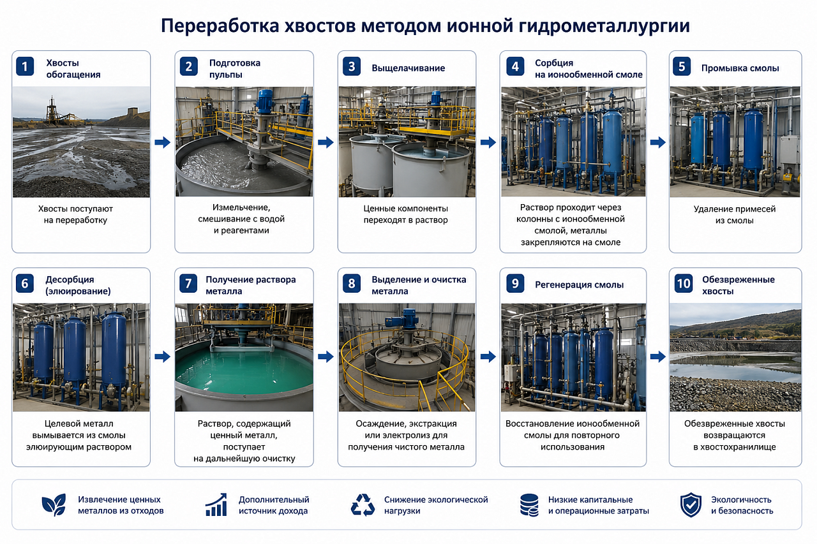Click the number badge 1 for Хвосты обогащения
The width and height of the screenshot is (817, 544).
point(25,66)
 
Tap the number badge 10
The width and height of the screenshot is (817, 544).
point(684,283)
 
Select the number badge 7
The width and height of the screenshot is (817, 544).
point(188,283)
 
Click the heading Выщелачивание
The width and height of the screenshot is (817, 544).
point(408,68)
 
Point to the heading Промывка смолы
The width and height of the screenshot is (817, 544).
point(740,68)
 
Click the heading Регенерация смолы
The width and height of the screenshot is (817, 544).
point(579,285)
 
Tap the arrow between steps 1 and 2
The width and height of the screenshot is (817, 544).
point(162,142)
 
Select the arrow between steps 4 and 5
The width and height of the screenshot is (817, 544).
point(658,142)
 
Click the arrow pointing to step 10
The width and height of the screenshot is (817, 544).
point(658,357)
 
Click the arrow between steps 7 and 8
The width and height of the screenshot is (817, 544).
point(326,357)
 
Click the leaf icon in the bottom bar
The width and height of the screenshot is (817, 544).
point(54,504)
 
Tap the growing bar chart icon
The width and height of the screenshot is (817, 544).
point(216,504)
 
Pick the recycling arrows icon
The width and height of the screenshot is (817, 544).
point(363,504)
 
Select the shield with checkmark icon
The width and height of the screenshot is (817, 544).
point(691,504)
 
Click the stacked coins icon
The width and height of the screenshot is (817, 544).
point(529,505)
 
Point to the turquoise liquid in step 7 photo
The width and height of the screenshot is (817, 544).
point(244,372)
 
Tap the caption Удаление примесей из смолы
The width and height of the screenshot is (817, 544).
point(735,215)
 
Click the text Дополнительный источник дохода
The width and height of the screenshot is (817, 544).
point(274,505)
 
